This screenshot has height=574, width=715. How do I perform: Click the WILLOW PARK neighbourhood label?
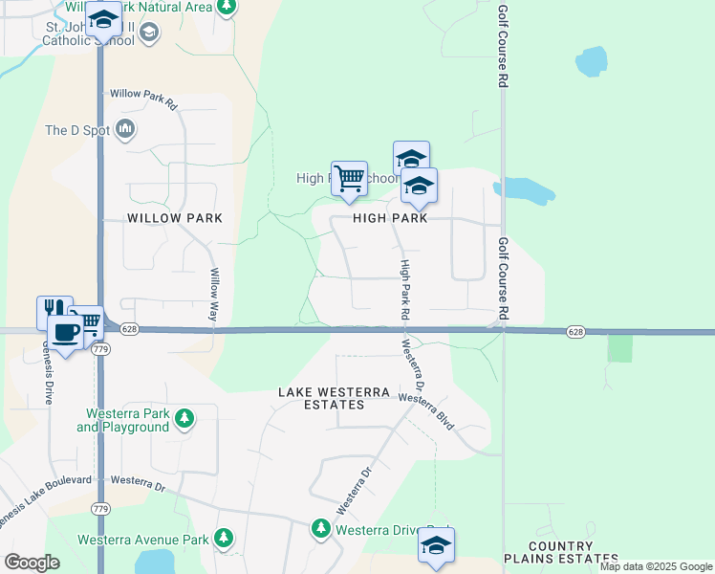[175, 218]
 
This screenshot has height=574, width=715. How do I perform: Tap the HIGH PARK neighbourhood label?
[390, 218]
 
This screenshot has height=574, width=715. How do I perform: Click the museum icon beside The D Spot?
[126, 129]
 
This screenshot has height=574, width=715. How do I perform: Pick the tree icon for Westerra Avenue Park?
[224, 539]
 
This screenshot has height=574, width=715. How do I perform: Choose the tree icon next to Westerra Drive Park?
[321, 528]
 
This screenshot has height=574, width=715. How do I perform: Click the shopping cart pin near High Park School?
[350, 178]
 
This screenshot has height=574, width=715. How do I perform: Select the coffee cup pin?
[65, 332]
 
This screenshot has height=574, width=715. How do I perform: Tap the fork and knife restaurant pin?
[54, 310]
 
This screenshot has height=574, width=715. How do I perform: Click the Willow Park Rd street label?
[144, 97]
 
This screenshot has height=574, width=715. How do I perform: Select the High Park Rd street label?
[405, 289]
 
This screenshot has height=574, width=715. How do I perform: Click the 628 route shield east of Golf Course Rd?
[574, 331]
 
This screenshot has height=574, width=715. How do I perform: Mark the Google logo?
[32, 563]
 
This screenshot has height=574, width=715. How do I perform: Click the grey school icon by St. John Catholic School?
[148, 33]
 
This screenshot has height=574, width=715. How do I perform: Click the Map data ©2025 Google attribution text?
[657, 566]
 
